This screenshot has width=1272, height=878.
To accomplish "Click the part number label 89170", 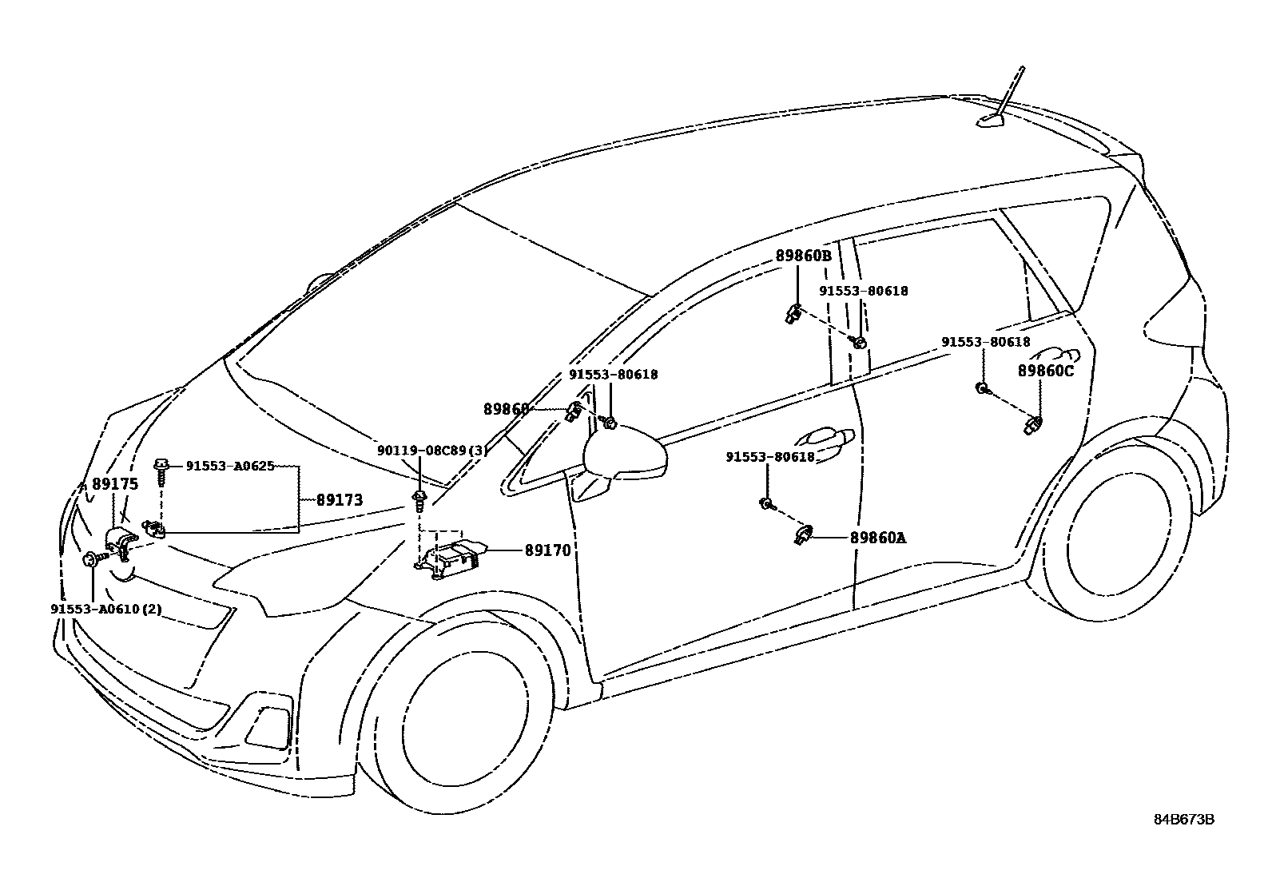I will (547, 550).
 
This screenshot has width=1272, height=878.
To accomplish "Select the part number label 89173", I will (340, 500).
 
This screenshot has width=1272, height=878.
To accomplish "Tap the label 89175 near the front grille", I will (115, 484).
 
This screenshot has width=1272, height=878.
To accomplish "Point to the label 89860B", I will (803, 256).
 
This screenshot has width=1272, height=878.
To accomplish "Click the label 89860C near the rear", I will (1045, 371).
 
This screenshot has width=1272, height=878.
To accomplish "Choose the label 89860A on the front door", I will (878, 538).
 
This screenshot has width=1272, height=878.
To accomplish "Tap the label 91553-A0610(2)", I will (106, 609).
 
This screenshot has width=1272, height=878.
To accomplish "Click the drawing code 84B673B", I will (1183, 820).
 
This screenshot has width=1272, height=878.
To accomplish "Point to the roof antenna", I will (999, 112).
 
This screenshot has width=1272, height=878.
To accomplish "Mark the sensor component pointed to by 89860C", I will (1032, 424).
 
